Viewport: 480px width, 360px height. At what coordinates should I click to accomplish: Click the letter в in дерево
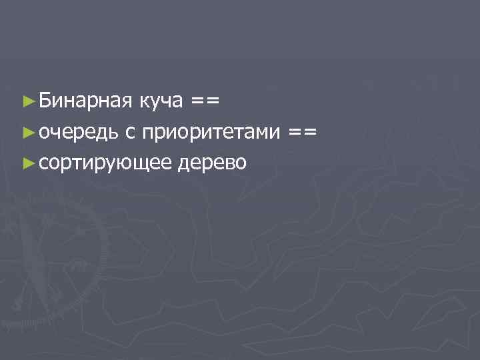pos(228,163)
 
